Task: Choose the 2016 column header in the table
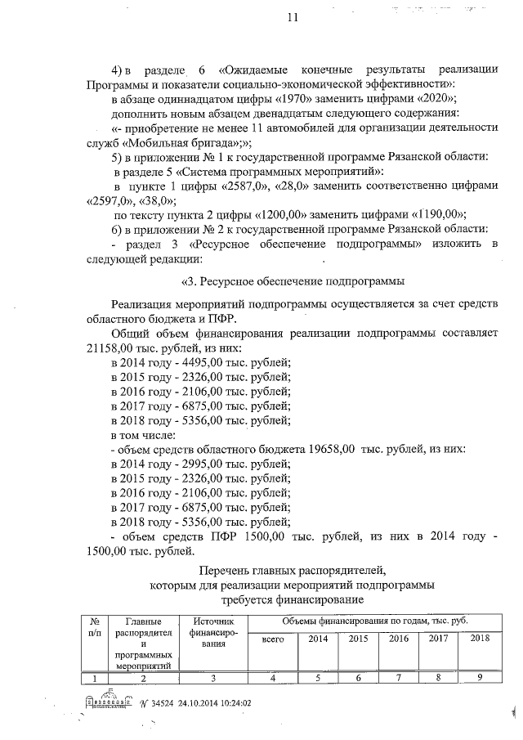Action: (399, 639)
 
